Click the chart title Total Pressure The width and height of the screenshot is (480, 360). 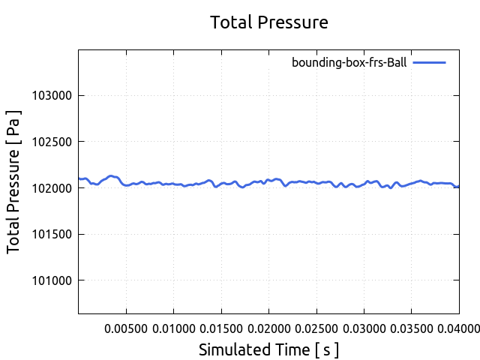(269, 22)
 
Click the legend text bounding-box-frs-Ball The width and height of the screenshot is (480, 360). (349, 63)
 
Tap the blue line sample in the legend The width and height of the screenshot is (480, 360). (429, 63)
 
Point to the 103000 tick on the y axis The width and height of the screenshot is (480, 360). (52, 96)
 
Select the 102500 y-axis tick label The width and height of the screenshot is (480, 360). (52, 142)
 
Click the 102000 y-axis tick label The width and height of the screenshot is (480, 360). (52, 188)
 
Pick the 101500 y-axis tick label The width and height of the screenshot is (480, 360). (52, 235)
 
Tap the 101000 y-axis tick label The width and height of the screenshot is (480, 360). (52, 280)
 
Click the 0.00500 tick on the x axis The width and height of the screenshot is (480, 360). (126, 328)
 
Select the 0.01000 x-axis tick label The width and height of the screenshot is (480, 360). (173, 328)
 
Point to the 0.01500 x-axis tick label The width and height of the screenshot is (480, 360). (221, 328)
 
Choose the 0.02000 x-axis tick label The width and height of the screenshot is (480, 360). (268, 328)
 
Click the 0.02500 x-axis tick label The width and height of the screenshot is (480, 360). (316, 328)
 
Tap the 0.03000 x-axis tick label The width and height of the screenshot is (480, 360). (364, 328)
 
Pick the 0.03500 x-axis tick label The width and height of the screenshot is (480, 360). (411, 328)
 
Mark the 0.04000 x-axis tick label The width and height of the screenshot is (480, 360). (457, 328)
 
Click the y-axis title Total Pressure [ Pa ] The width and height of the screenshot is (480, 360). (14, 181)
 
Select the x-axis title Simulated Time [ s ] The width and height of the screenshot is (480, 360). (269, 349)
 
